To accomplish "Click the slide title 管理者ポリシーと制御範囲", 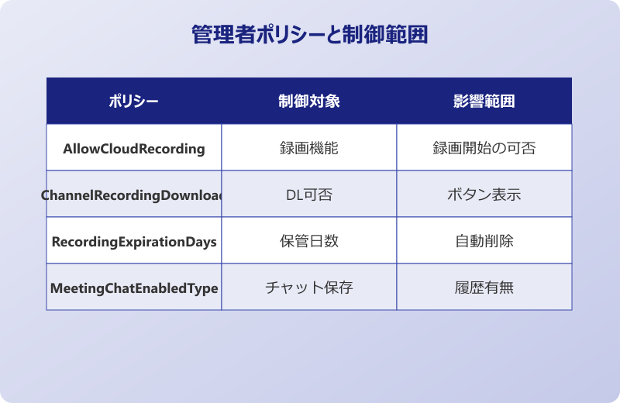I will point(309,35).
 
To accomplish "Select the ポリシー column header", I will point(133,102).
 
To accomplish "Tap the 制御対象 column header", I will point(308,102).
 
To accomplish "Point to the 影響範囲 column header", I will point(484,102).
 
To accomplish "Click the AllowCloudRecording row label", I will point(134,148).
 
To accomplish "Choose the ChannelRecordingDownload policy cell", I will point(134,195).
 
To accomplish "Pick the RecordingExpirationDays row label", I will point(134,241).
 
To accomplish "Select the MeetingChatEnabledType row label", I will point(134,288).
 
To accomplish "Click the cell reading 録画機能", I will point(308,148).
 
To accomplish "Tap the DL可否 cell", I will point(308,195).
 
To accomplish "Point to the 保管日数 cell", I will point(308,241).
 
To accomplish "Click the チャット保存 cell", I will point(308,288).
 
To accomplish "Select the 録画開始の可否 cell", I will point(484,148).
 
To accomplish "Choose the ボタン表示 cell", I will point(484,195).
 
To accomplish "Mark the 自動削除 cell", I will point(484,241).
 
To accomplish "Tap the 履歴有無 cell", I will point(484,288).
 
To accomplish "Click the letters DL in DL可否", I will point(294,195).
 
